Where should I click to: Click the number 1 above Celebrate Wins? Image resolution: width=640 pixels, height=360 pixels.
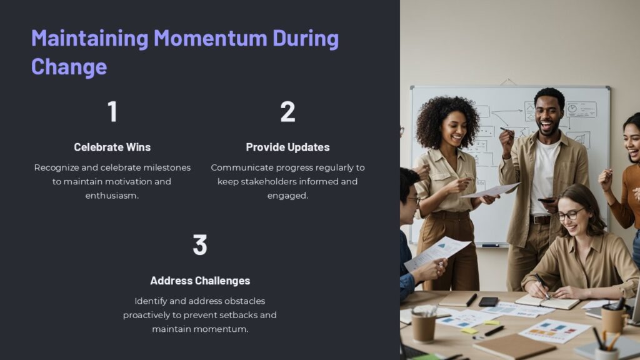112,111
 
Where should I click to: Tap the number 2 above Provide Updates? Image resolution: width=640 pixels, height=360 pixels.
287,111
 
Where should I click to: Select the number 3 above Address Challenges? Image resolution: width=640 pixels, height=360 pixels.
200,245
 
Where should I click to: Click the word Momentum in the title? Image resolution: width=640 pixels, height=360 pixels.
210,39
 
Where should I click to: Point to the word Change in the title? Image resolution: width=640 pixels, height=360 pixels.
69,66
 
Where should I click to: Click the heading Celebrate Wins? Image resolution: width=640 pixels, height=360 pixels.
112,147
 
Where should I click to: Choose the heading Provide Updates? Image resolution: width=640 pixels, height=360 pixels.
287,147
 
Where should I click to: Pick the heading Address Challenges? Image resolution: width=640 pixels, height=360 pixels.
200,281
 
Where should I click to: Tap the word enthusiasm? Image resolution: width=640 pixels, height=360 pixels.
112,196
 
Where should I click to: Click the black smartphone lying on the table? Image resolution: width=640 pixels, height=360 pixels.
488,301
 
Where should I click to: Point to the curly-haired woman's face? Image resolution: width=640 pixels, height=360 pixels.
455,127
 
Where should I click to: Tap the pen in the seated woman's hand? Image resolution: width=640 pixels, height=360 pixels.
541,284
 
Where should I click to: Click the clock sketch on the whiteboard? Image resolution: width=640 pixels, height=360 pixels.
572,108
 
